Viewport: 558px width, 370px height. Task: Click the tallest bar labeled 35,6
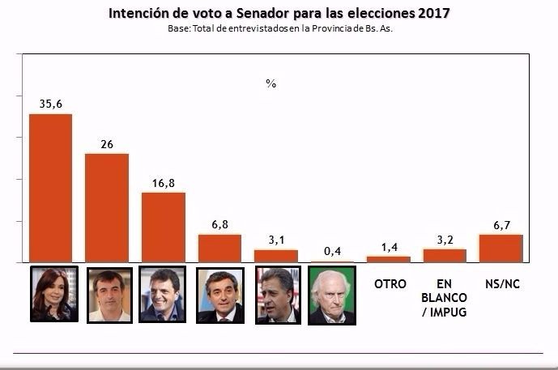coord(50,188)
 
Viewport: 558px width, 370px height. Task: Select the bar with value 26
coord(107,207)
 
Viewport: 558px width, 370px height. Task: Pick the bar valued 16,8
coord(163,227)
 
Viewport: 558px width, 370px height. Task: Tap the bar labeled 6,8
coord(219,248)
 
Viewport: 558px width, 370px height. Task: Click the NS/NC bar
coord(500,248)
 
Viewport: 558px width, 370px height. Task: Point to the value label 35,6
coord(50,104)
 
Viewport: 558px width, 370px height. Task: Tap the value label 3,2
coord(445,240)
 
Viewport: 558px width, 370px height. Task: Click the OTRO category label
coord(390,283)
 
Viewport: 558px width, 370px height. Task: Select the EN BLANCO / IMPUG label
coord(445,297)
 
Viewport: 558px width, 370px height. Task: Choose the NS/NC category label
coord(501,283)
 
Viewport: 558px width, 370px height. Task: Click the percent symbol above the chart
coord(270,83)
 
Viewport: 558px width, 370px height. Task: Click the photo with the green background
coord(331,296)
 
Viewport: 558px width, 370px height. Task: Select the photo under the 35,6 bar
coord(53,294)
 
